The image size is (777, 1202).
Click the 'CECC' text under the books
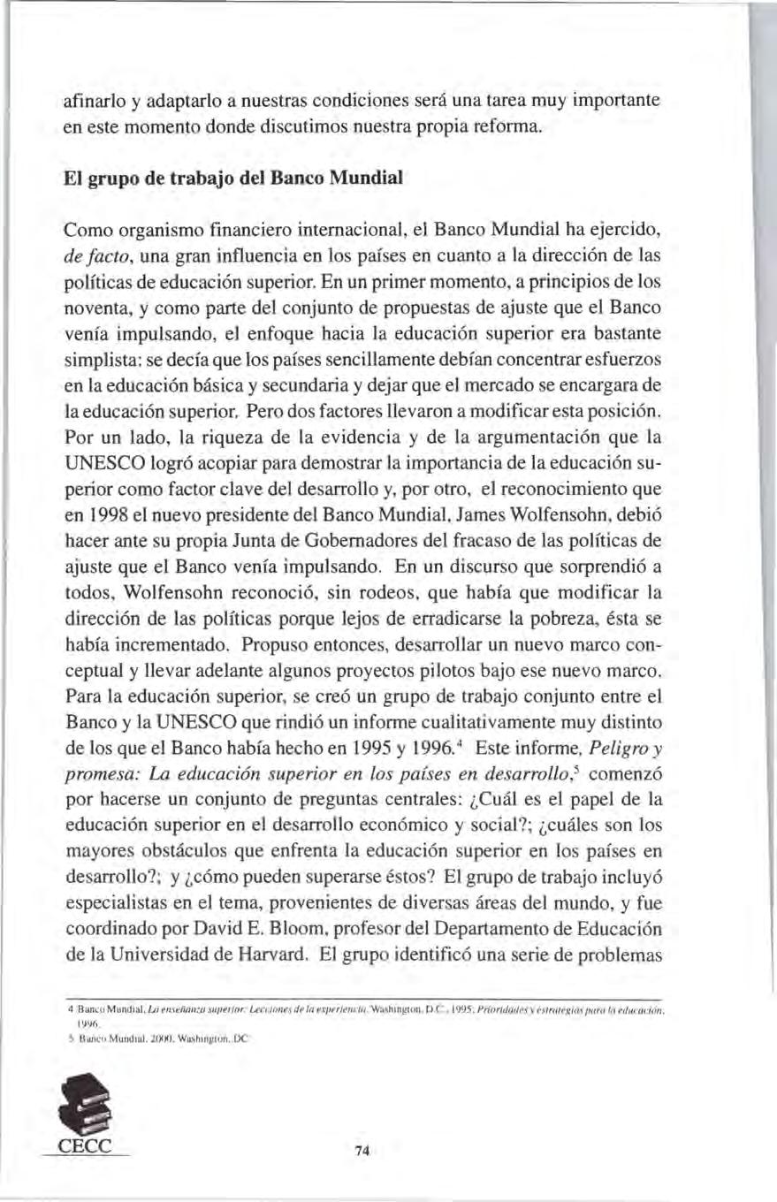(88, 1148)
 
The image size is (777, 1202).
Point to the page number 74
(361, 1150)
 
